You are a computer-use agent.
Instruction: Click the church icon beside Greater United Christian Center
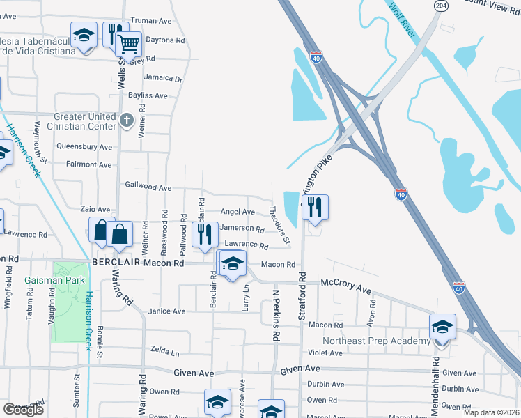(126, 121)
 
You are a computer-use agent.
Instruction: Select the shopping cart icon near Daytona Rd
(128, 44)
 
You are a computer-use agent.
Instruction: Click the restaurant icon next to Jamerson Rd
(203, 233)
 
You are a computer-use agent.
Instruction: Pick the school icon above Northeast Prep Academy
(442, 326)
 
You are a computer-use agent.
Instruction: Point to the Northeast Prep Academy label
(376, 341)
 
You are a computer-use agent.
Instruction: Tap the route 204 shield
(440, 5)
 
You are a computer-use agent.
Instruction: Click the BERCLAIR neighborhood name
(117, 263)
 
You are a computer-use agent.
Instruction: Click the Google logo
(24, 410)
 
